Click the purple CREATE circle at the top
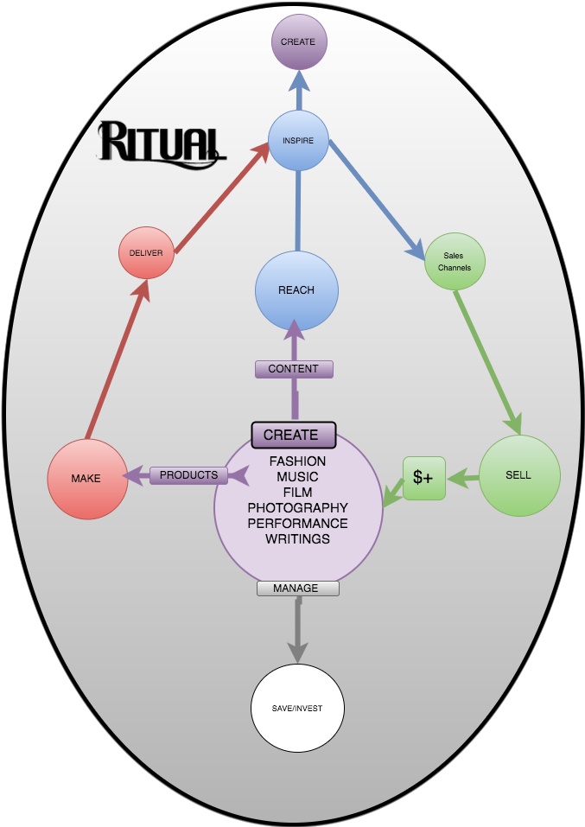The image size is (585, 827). [299, 41]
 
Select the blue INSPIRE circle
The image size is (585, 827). [298, 140]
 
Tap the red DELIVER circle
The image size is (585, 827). [146, 252]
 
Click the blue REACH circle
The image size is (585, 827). [296, 290]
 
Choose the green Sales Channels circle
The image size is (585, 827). [455, 262]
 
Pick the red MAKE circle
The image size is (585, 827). [87, 479]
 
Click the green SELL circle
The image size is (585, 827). [519, 475]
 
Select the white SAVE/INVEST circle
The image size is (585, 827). [296, 709]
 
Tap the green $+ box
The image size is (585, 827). [423, 478]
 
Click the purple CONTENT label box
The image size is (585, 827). [294, 369]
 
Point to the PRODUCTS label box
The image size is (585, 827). [189, 475]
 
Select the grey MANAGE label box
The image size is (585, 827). [297, 588]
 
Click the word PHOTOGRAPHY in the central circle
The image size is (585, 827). [297, 508]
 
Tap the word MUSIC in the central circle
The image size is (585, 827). [297, 477]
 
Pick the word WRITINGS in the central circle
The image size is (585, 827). [297, 539]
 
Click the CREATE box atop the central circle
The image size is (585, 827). [292, 435]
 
